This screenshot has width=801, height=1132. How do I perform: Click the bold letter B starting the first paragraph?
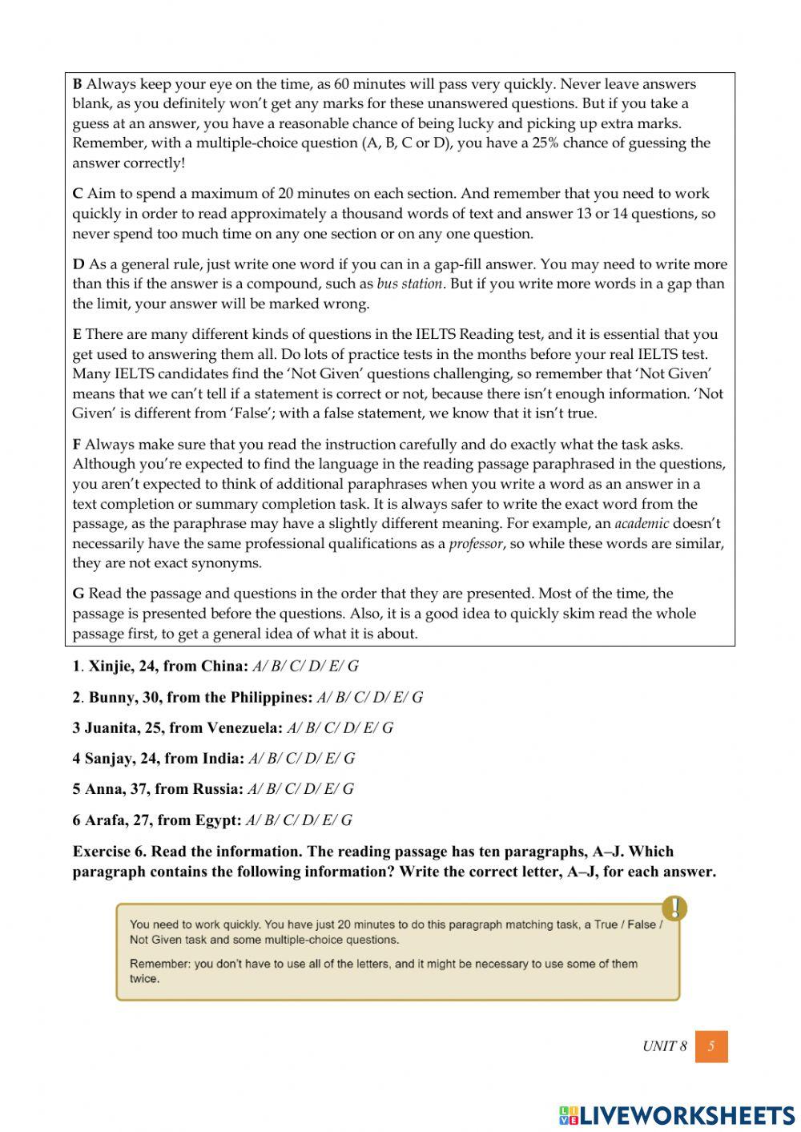click(77, 84)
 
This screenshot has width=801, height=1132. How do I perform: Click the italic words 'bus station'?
click(409, 284)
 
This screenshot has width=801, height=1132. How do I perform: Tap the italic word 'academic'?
click(641, 524)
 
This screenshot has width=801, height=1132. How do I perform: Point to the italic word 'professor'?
click(475, 544)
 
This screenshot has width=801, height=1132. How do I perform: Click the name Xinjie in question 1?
click(110, 666)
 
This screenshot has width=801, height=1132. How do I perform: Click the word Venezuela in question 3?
click(244, 727)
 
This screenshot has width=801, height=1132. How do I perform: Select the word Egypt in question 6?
click(218, 820)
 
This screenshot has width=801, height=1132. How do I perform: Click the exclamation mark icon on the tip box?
click(674, 908)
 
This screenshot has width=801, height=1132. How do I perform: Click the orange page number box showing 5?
click(711, 1046)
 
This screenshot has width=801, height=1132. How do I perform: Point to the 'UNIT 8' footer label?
click(664, 1046)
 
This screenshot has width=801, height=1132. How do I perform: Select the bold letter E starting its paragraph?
click(77, 335)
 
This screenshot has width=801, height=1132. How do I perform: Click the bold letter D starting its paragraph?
click(78, 264)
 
